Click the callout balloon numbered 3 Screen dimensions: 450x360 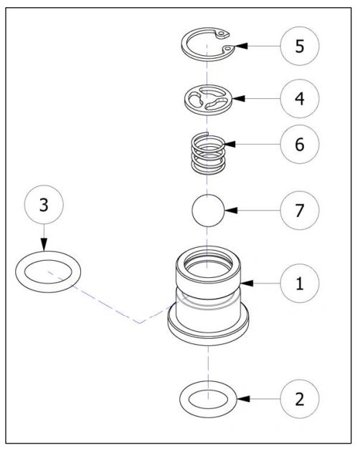43,206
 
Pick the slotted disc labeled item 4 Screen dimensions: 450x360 208,97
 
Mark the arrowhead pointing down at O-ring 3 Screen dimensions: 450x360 43,246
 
